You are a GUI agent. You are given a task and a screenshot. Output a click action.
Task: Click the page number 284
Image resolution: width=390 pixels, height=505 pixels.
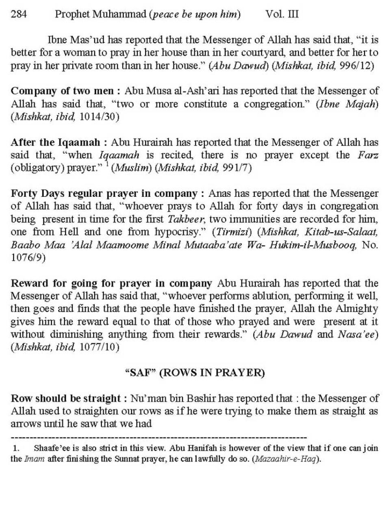tap(19, 15)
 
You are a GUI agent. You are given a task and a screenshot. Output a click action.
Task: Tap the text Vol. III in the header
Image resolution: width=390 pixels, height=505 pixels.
tap(282, 15)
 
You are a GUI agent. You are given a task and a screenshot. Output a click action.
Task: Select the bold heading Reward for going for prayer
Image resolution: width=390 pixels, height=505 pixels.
tap(111, 283)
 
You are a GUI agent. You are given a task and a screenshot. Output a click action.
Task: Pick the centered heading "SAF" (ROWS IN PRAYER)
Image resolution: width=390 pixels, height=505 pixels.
tap(195, 373)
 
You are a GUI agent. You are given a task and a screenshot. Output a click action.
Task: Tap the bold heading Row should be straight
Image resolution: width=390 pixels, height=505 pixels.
tap(66, 398)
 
